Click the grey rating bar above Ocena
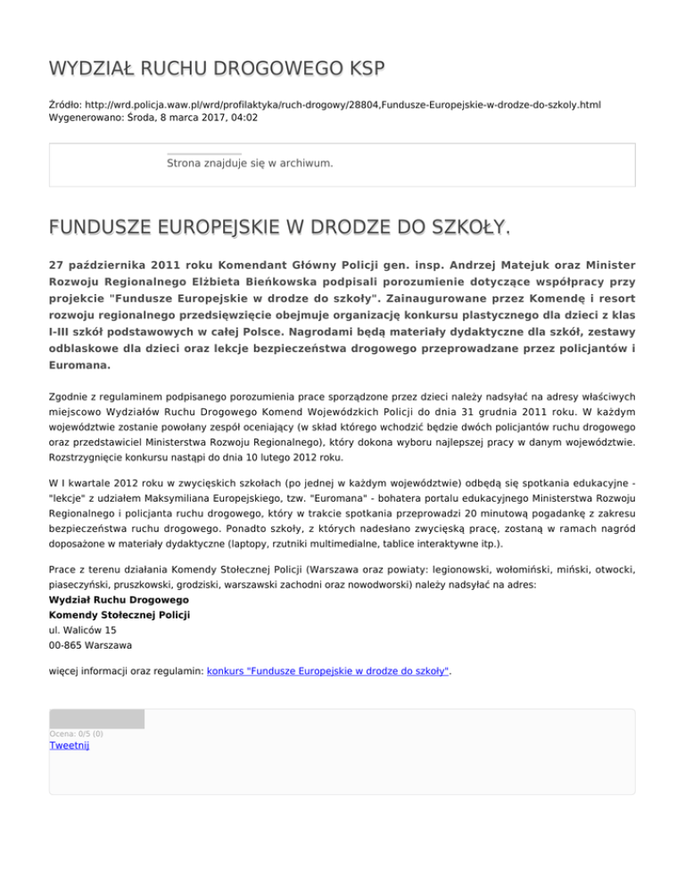coord(96,718)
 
